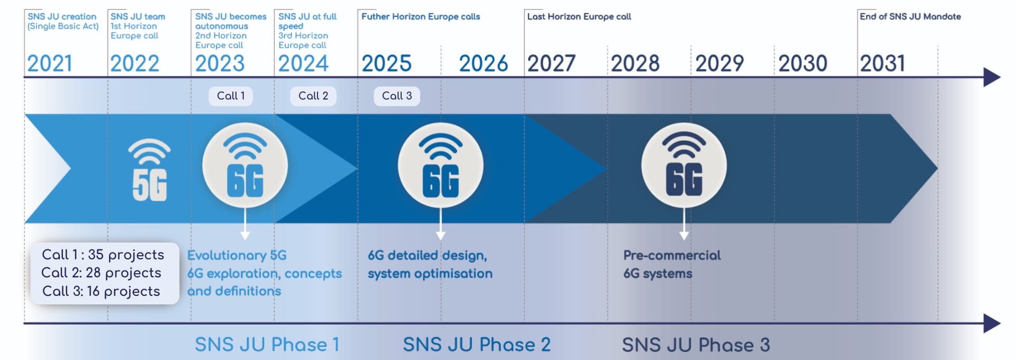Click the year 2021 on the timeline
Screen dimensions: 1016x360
[50, 64]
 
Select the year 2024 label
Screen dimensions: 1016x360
[303, 64]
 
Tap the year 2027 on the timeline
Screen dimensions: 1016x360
[551, 64]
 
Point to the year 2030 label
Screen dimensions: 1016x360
[803, 64]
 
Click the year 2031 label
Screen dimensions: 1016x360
[883, 64]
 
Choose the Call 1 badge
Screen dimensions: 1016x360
[231, 96]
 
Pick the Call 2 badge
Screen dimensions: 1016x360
[313, 96]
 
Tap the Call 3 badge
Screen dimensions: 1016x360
[397, 96]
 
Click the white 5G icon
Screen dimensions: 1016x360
[149, 170]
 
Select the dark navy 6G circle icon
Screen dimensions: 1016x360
[684, 165]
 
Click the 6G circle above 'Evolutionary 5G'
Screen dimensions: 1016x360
[245, 165]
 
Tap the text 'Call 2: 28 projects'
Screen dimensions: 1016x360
[101, 273]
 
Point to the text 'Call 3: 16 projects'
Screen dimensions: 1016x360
[101, 291]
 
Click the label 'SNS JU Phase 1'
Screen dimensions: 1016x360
[267, 345]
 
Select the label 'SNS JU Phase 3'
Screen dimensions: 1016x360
[696, 345]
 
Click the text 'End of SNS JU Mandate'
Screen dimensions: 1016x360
[910, 16]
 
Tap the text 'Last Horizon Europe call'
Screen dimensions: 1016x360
[579, 16]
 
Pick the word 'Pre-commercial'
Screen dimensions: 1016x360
[672, 255]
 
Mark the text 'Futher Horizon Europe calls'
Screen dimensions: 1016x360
[421, 16]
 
